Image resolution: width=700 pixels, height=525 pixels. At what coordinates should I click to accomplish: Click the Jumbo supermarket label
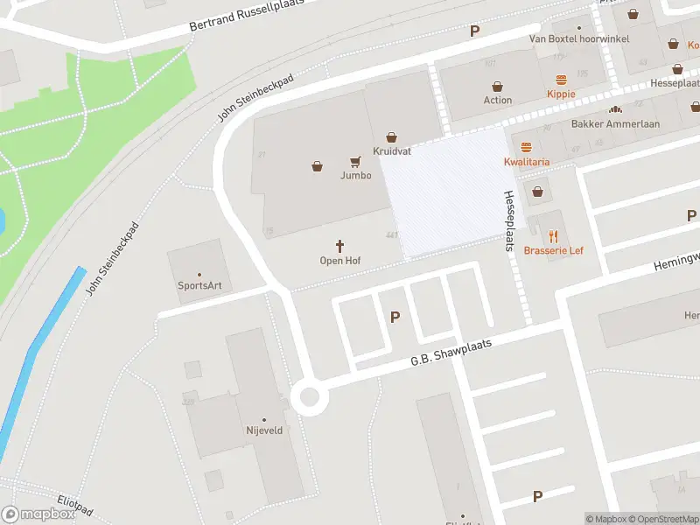coord(355,175)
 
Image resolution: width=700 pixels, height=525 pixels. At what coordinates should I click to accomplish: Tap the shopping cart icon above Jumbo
coord(355,161)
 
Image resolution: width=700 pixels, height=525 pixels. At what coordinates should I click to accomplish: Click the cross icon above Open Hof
coord(340,247)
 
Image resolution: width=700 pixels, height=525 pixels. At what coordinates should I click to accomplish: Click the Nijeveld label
coord(263,430)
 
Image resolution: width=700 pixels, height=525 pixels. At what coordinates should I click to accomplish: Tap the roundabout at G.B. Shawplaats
coord(309,398)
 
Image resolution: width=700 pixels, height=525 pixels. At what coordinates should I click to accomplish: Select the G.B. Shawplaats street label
coord(451,352)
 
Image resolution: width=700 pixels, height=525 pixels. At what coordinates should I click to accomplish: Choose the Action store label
coord(498,100)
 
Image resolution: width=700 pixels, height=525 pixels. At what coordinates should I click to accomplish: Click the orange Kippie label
coord(561,94)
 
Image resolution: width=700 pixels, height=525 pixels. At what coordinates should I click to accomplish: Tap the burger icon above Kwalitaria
coord(527,147)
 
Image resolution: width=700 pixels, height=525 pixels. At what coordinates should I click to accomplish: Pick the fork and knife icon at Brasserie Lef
coord(553,236)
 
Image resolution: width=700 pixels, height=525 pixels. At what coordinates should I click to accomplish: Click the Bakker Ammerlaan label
coord(615,124)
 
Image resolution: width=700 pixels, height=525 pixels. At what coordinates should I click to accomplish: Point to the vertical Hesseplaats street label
coord(507,221)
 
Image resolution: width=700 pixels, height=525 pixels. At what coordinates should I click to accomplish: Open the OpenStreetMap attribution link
coord(661,519)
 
